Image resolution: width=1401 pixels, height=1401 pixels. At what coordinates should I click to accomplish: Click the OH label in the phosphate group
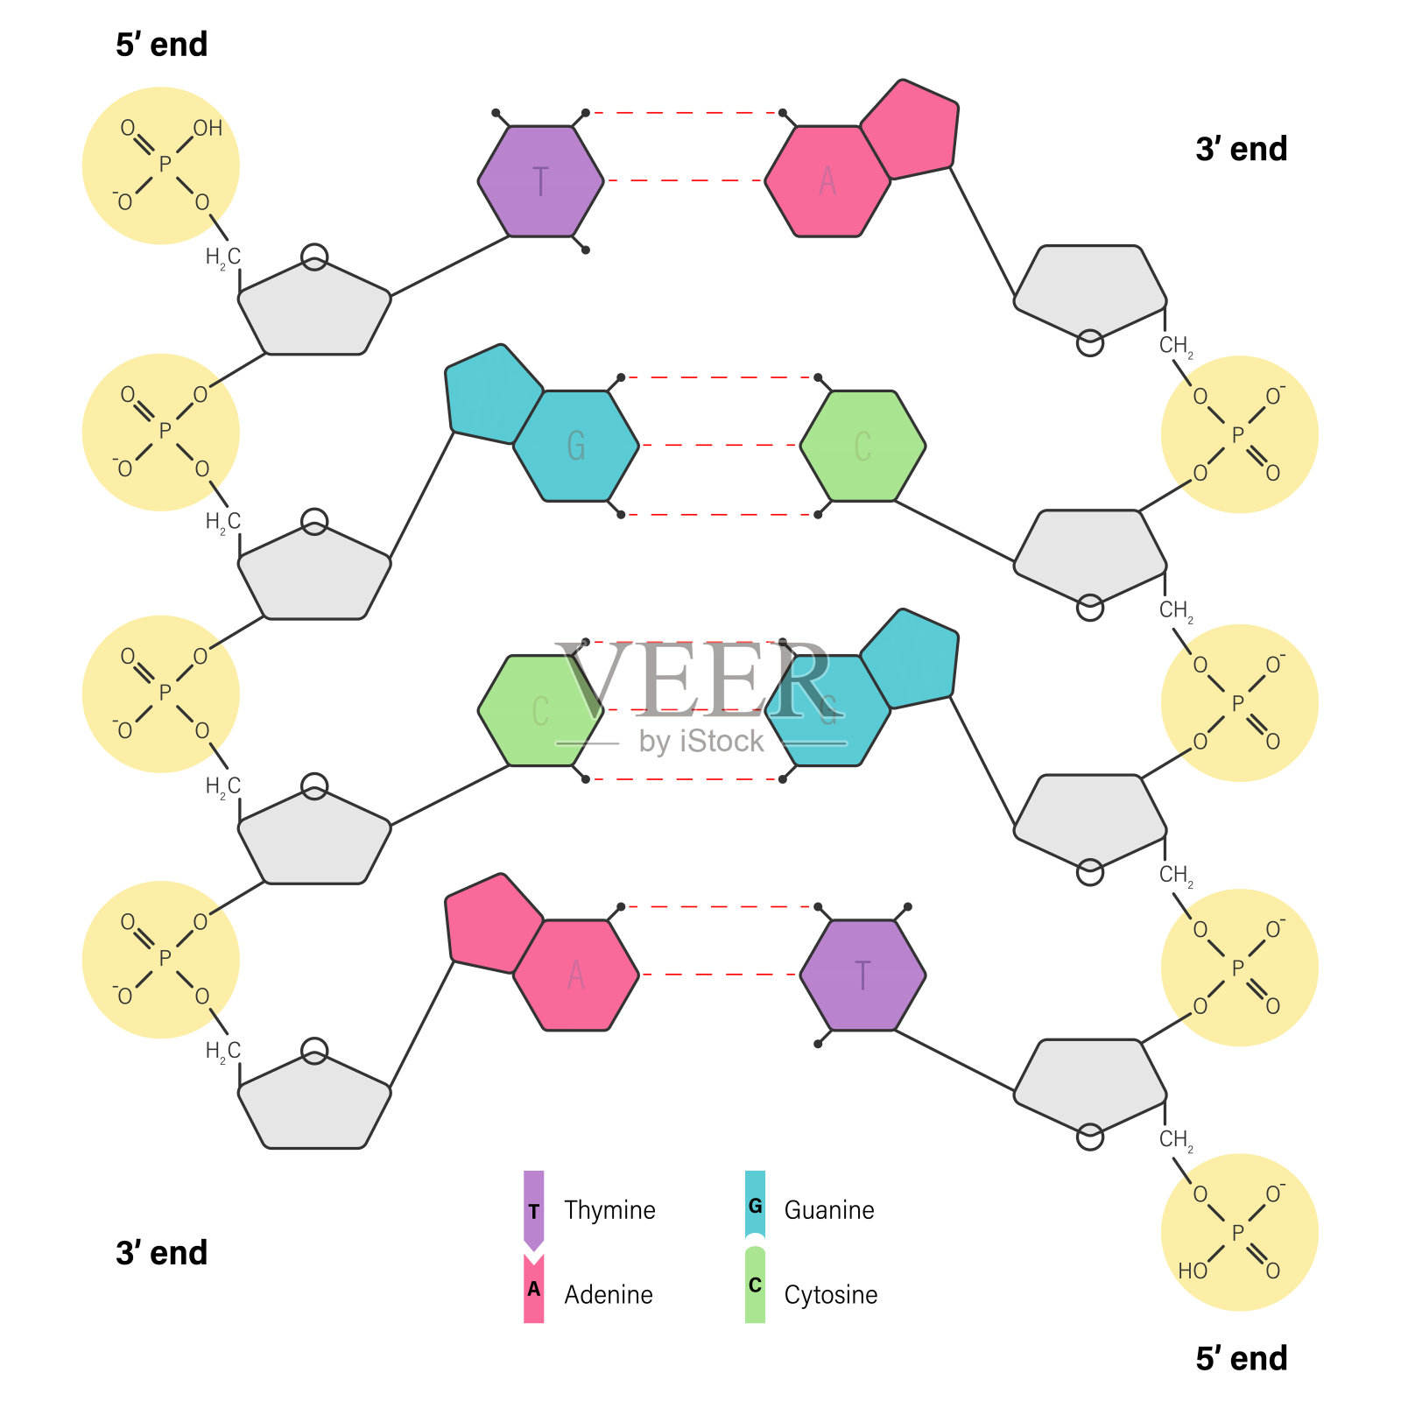click(x=208, y=129)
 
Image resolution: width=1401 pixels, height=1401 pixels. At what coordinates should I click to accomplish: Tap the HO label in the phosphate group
click(x=1193, y=1271)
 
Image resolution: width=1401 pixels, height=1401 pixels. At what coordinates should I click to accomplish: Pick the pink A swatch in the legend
click(x=533, y=1288)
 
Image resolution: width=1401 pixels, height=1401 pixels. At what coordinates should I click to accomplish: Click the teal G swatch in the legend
click(x=755, y=1205)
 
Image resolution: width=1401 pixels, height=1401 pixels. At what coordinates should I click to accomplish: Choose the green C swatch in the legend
click(x=755, y=1285)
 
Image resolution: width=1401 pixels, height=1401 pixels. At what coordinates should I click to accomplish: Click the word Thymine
click(x=609, y=1210)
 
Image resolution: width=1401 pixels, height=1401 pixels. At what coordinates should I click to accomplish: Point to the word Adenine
click(x=609, y=1294)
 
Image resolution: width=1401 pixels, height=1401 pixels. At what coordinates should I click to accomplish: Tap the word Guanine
click(x=829, y=1210)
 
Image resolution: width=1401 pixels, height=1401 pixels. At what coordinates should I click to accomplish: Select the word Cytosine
click(x=831, y=1294)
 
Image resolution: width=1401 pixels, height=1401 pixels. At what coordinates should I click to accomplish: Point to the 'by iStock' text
click(x=701, y=742)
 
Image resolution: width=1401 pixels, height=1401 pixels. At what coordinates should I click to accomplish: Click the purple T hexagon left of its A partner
click(x=540, y=181)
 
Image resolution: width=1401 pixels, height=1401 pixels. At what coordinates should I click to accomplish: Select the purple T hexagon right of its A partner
click(x=862, y=975)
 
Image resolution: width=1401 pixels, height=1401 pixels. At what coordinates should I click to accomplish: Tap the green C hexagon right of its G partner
click(x=862, y=446)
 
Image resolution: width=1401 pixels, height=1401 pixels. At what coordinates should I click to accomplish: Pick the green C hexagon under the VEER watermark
click(x=540, y=710)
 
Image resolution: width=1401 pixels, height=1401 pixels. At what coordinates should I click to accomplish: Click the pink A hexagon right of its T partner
click(x=827, y=181)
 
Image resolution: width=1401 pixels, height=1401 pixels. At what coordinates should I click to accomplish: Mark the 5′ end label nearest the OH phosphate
click(x=162, y=45)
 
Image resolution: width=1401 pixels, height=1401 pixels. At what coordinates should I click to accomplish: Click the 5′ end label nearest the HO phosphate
click(x=1242, y=1358)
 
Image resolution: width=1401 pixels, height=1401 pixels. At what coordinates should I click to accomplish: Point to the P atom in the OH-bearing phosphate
click(x=165, y=165)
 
